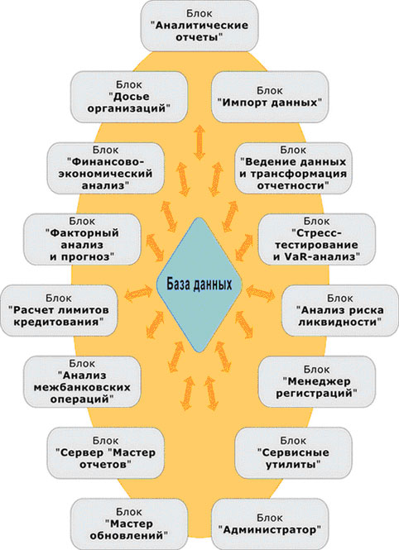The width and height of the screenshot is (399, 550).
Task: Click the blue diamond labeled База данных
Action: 199,285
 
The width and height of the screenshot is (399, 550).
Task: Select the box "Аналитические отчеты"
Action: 199,26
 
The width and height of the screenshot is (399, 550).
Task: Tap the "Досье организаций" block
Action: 129,97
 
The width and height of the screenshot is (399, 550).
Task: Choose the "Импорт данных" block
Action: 270,97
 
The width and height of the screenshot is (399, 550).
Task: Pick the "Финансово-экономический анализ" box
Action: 106,169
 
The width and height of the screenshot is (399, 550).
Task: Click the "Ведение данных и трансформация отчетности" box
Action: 293,169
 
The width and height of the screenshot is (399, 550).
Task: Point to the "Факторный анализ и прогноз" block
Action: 82,240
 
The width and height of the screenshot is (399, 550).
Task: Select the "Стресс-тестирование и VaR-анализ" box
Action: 317,240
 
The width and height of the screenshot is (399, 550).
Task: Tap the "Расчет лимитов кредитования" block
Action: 59,311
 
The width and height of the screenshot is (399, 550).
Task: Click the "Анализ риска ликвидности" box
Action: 340,311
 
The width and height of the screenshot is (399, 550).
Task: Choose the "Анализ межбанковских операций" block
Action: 82,382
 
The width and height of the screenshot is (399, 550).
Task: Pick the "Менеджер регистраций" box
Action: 317,382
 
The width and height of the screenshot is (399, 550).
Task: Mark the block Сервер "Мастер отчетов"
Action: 106,453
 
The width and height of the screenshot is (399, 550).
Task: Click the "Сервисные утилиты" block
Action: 293,453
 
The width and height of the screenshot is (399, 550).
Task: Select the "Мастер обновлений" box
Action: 129,524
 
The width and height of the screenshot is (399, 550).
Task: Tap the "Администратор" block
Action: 270,524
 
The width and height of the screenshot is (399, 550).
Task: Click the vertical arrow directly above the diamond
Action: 199,142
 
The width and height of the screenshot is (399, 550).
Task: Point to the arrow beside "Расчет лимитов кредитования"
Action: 138,294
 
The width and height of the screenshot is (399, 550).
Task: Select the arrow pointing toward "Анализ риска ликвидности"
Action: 261,294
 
